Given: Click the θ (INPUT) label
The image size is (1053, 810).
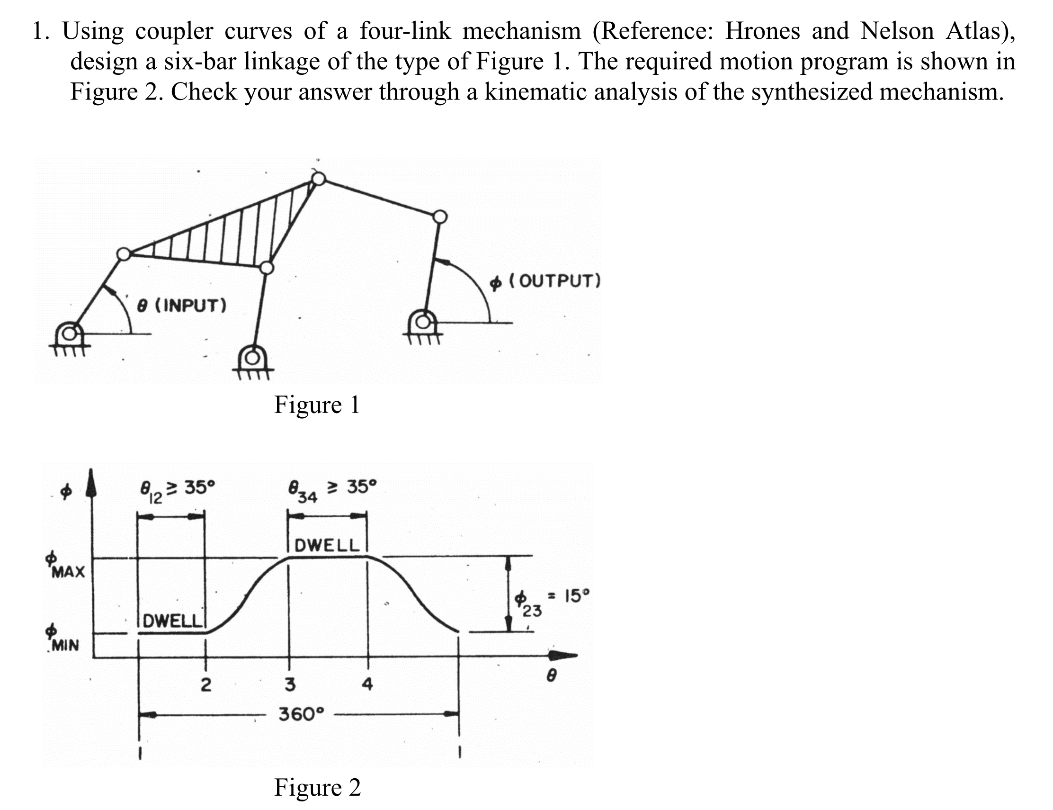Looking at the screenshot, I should [182, 305].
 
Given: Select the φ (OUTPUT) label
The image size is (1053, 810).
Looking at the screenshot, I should [545, 280].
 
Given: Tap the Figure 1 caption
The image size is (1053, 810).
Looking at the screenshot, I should [317, 405].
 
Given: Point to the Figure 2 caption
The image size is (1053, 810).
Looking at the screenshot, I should [317, 787].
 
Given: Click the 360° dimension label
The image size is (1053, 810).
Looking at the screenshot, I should [302, 713].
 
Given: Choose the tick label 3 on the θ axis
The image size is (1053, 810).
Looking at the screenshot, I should [289, 684].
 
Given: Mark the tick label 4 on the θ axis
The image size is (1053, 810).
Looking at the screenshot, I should [367, 684].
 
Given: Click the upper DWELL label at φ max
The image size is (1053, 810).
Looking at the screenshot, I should [327, 545].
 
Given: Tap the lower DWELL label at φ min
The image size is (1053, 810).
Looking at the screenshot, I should [172, 620].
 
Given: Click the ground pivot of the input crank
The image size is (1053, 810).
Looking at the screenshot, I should [70, 333].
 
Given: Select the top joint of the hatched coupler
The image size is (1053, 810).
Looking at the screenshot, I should [318, 179].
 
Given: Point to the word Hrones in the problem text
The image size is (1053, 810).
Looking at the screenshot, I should [762, 31].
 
